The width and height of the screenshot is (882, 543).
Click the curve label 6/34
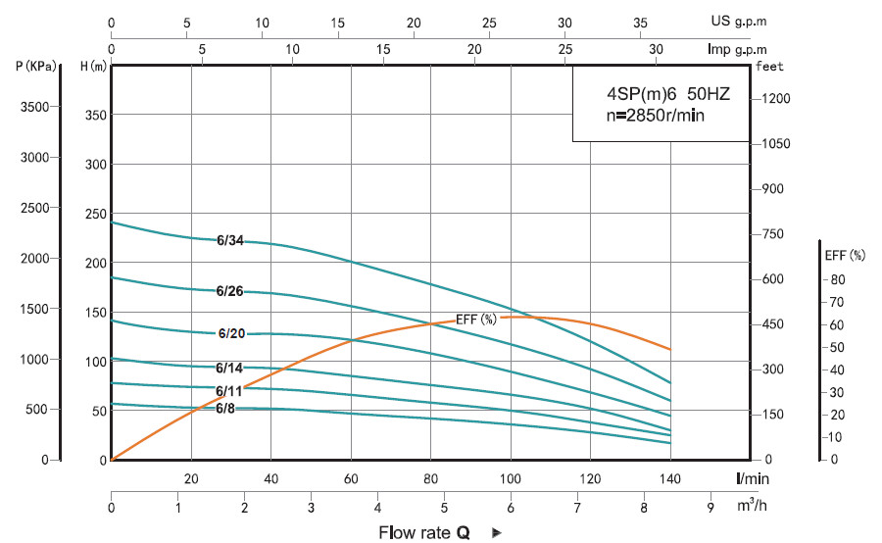click(x=230, y=241)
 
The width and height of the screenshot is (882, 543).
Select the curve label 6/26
click(x=229, y=291)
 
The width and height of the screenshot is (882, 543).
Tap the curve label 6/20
click(x=231, y=333)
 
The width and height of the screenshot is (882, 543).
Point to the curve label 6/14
click(x=229, y=368)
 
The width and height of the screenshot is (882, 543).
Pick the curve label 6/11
click(x=229, y=391)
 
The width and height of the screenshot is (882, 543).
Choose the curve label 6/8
click(x=225, y=408)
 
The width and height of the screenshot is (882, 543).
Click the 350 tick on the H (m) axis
click(x=93, y=115)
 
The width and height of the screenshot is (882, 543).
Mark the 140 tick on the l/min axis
click(x=670, y=479)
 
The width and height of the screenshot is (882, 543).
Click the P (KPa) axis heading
click(x=36, y=67)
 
